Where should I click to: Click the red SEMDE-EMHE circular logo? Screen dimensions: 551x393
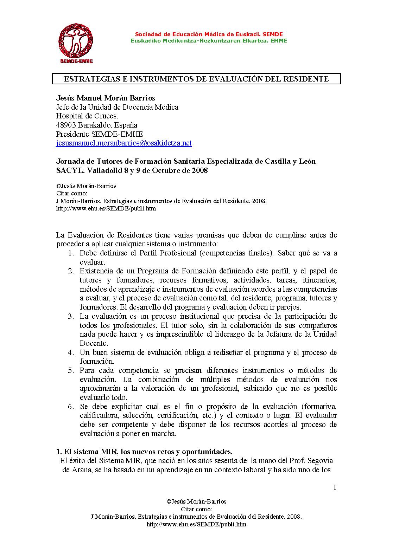(76, 42)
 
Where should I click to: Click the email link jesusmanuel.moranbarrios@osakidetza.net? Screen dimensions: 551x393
(124, 143)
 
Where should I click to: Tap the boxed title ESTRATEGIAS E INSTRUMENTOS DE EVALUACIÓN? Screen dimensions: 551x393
(196, 79)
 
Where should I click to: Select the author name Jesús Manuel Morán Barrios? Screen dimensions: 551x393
(106, 98)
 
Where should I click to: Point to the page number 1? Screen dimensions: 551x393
(335, 487)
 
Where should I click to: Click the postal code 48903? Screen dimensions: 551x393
(66, 125)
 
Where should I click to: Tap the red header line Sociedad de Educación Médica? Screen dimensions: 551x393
(209, 34)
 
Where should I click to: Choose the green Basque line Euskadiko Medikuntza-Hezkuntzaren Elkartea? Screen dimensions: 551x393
(209, 41)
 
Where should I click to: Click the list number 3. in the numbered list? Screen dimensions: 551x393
(71, 316)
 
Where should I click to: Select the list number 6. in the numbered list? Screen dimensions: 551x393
(71, 407)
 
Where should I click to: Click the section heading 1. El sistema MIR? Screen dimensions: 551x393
(144, 452)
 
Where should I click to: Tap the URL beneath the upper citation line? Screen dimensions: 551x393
(106, 208)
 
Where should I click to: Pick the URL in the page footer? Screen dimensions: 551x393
(196, 524)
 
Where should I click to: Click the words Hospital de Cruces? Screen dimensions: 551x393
(87, 116)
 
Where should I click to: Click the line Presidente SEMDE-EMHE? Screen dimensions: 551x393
(100, 134)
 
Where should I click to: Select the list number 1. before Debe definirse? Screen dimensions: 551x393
(71, 253)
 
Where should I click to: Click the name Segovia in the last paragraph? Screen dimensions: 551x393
(320, 461)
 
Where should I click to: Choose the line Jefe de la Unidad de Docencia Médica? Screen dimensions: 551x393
(117, 107)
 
